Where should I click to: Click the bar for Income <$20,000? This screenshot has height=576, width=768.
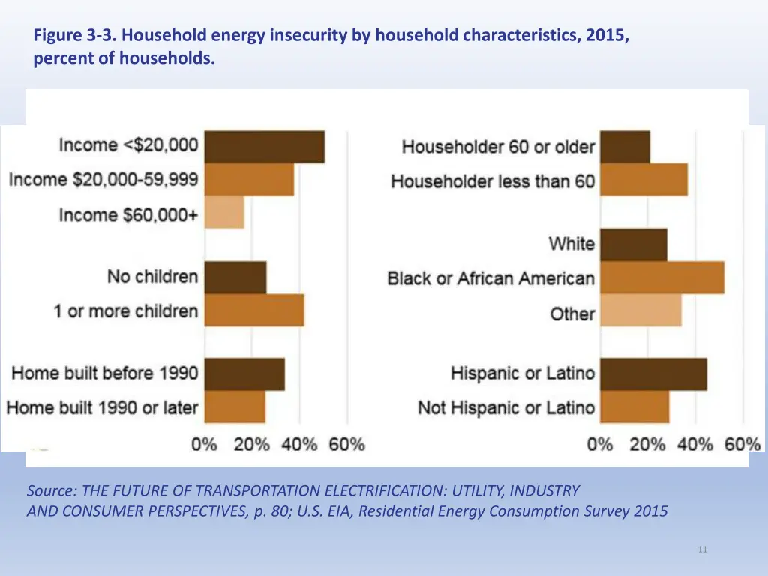264,146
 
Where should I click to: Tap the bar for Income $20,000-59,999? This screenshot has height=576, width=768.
249,180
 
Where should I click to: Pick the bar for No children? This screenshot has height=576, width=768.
235,277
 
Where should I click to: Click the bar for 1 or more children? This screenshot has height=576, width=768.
254,310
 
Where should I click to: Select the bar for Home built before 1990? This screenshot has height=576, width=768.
244,373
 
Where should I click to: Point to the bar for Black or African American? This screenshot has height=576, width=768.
662,277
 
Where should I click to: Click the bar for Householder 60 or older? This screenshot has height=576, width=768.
625,147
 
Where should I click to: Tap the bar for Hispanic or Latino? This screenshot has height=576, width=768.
653,373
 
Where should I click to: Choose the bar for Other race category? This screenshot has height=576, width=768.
641,311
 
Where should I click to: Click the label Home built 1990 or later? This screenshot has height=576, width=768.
103,408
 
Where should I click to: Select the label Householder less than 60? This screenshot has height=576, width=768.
493,181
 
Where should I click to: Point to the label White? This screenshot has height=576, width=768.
571,244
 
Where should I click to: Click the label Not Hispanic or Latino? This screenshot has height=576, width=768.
506,408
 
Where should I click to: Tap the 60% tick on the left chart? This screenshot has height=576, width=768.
346,444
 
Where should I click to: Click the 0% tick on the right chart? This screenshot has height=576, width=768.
600,444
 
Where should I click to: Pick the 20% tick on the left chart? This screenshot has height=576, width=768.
252,444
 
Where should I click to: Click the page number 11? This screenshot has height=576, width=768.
702,550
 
